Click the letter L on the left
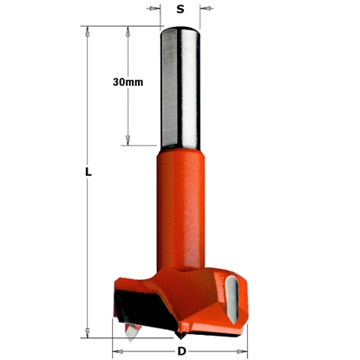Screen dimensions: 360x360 pyautogui.click(x=88, y=172)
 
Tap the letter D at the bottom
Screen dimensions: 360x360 pyautogui.click(x=180, y=350)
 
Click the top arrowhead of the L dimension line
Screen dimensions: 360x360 pyautogui.click(x=88, y=30)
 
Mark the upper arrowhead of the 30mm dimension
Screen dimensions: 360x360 pyautogui.click(x=128, y=30)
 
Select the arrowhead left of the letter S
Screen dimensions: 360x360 pyautogui.click(x=155, y=10)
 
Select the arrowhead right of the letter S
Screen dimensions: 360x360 pyautogui.click(x=205, y=10)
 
